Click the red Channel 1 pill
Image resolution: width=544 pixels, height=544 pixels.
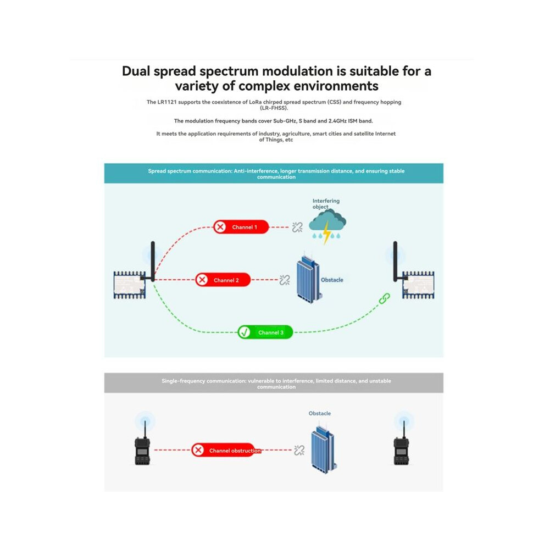click(241, 227)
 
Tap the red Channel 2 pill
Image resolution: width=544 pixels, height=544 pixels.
click(223, 280)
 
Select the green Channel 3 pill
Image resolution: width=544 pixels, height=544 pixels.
click(265, 332)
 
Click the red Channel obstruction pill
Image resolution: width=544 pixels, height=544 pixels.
click(226, 450)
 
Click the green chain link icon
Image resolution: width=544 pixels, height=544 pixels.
click(385, 298)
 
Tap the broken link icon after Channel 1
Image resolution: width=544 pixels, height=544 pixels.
click(297, 227)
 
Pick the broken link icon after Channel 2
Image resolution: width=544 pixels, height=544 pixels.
click(285, 280)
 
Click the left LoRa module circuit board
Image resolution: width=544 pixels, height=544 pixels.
click(130, 285)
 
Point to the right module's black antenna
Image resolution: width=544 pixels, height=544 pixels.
click(395, 262)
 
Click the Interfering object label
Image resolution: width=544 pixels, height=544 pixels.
click(326, 204)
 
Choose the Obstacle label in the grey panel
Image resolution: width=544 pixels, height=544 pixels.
click(319, 413)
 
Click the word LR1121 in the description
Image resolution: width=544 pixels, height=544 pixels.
click(167, 102)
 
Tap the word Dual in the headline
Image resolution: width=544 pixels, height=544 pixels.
click(136, 71)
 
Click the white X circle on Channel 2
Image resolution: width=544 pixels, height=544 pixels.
click(202, 280)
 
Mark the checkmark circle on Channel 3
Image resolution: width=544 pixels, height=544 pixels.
click(245, 332)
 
